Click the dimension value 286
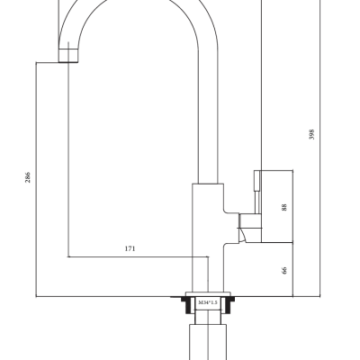pyautogui.click(x=28, y=177)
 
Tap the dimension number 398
pyautogui.click(x=311, y=134)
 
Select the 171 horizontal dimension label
pyautogui.click(x=130, y=248)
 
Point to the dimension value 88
pyautogui.click(x=284, y=207)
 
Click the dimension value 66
pyautogui.click(x=284, y=270)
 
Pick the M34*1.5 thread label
pyautogui.click(x=208, y=302)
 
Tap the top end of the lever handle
pyautogui.click(x=257, y=171)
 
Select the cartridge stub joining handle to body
pyautogui.click(x=250, y=220)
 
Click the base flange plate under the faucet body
pyautogui.click(x=209, y=294)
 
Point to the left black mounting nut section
pyautogui.click(x=188, y=304)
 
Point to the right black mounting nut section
pyautogui.click(x=228, y=304)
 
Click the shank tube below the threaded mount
pyautogui.click(x=208, y=342)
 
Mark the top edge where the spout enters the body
pyautogui.click(x=208, y=184)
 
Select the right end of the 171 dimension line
pyautogui.click(x=208, y=256)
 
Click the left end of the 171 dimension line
pyautogui.click(x=68, y=256)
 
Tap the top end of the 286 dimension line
pyautogui.click(x=36, y=62)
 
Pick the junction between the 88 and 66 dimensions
pyautogui.click(x=292, y=242)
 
